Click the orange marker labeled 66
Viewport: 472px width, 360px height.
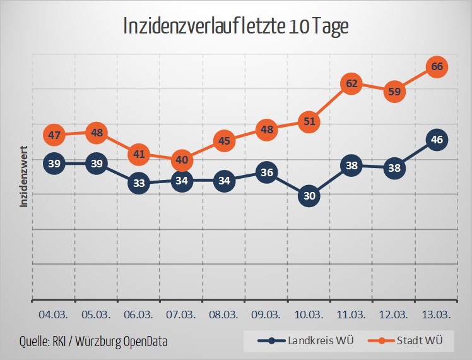[x=437, y=66]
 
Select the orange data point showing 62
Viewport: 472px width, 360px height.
[x=351, y=83]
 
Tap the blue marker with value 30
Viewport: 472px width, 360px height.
[x=309, y=196]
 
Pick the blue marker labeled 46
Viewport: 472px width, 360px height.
[x=437, y=140]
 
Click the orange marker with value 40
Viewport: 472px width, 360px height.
[x=182, y=160]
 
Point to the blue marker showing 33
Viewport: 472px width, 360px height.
[x=139, y=184]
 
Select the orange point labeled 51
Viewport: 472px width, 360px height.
[x=309, y=121]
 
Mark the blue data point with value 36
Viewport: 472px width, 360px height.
[x=266, y=172]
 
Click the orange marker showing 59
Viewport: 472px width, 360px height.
[x=394, y=91]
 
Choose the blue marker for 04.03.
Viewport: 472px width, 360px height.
[x=54, y=164]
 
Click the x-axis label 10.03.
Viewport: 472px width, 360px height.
[x=309, y=314]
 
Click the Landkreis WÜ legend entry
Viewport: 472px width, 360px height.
[x=307, y=341]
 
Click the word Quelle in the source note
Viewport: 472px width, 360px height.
[x=36, y=342]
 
